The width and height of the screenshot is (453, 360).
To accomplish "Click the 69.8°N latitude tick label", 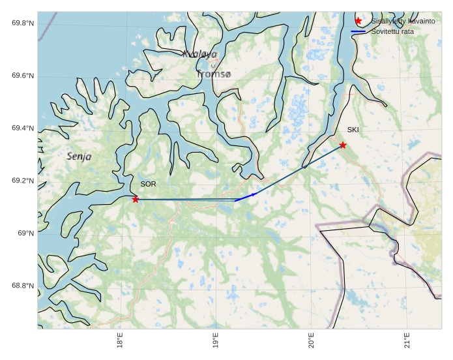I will coord(22,23).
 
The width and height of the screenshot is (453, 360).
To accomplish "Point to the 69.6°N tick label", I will coord(22,76).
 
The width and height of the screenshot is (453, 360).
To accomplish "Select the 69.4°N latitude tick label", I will coord(22,128).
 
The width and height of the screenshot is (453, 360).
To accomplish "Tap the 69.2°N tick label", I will coord(22,181).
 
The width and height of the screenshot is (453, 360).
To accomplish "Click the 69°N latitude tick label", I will coord(25,233).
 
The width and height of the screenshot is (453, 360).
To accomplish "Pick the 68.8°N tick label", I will coord(22,286).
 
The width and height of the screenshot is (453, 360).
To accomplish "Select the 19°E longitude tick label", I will coord(216,342).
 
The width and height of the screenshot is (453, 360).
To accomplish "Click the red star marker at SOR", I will coord(136,199).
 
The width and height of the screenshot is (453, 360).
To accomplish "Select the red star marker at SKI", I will coord(343,145).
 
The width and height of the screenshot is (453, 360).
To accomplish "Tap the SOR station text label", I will coord(148,185).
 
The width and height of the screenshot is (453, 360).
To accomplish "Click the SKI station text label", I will coord(353,130).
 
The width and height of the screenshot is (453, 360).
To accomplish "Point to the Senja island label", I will coord(79,157).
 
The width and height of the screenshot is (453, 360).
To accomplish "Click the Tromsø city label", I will coord(214,74).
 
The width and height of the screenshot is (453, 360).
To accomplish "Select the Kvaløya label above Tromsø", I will coord(199,54).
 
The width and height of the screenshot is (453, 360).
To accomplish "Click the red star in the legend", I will coord(358,22).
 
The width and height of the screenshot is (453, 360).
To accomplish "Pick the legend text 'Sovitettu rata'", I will coord(392,31).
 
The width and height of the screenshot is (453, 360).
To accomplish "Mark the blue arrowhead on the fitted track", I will coord(254,194).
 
